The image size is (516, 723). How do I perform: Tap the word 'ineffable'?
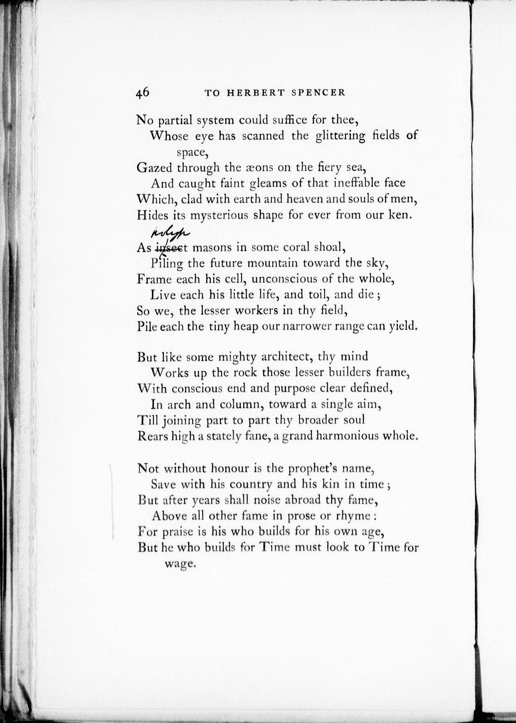tap(353, 183)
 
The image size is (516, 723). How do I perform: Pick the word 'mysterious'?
tap(219, 215)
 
